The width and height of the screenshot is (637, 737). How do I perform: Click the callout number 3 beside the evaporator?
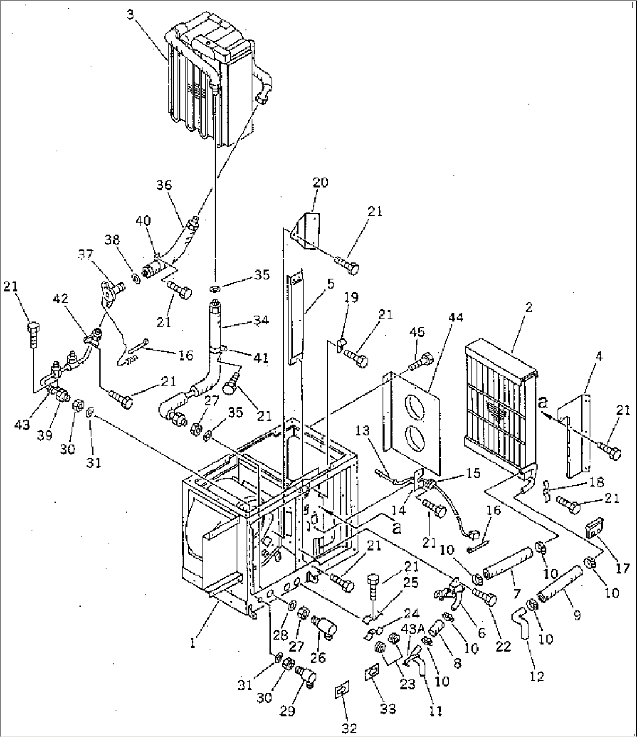pyautogui.click(x=129, y=14)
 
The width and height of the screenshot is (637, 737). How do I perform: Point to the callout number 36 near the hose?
pyautogui.click(x=164, y=185)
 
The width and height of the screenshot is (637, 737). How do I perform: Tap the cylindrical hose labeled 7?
pyautogui.click(x=507, y=559)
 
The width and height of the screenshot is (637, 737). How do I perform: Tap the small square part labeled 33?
pyautogui.click(x=371, y=674)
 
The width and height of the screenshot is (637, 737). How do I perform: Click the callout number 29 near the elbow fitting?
pyautogui.click(x=286, y=711)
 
